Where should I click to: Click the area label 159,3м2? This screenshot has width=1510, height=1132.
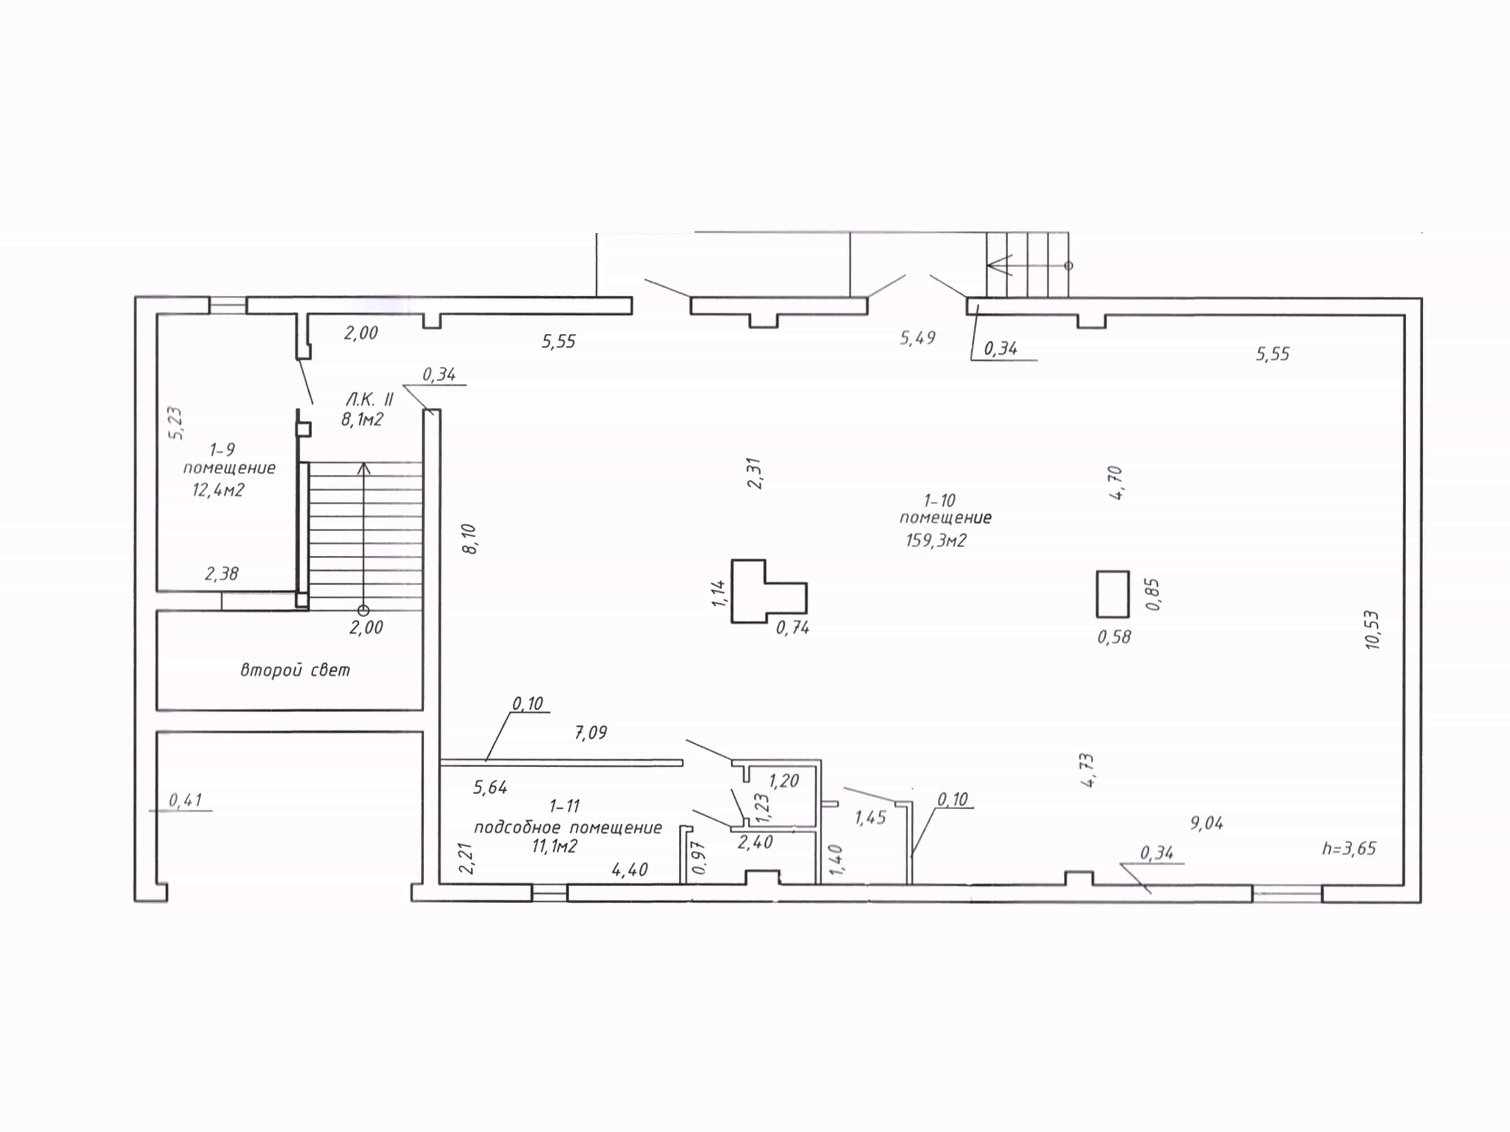(936, 540)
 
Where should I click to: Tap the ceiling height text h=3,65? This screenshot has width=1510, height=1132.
(1349, 849)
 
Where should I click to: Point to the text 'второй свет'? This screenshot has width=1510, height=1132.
(295, 670)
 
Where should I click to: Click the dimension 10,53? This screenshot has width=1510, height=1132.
(1373, 630)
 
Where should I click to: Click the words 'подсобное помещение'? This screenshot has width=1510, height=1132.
(568, 828)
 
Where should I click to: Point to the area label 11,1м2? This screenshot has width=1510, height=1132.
(555, 847)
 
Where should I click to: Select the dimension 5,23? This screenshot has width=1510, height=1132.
(175, 424)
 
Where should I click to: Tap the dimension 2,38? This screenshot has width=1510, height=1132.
(222, 574)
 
